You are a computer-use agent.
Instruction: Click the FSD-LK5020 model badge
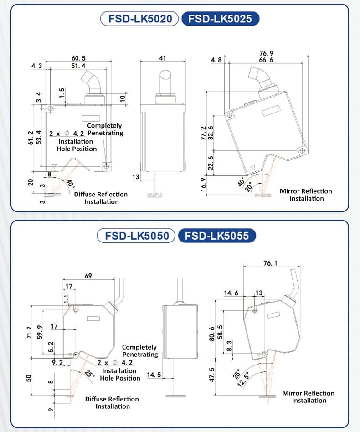click(139, 19)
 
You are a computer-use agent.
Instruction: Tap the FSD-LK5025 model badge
click(220, 19)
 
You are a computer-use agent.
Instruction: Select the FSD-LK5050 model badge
click(137, 236)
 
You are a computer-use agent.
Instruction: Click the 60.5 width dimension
click(78, 58)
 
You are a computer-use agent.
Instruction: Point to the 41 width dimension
click(162, 58)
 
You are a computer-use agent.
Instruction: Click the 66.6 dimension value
click(266, 60)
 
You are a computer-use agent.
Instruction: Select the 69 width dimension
click(89, 276)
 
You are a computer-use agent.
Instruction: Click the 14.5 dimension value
click(154, 375)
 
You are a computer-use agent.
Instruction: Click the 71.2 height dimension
click(29, 333)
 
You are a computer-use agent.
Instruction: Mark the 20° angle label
click(249, 187)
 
